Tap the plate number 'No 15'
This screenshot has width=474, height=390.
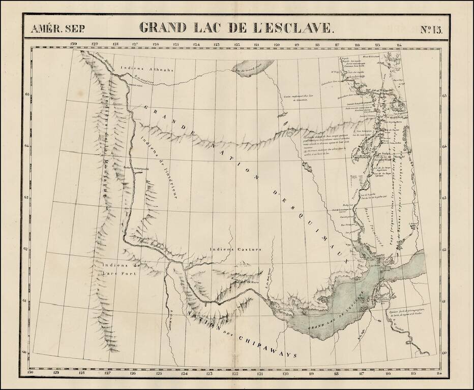click(432, 28)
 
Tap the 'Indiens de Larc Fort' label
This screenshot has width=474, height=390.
click(121, 269)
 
